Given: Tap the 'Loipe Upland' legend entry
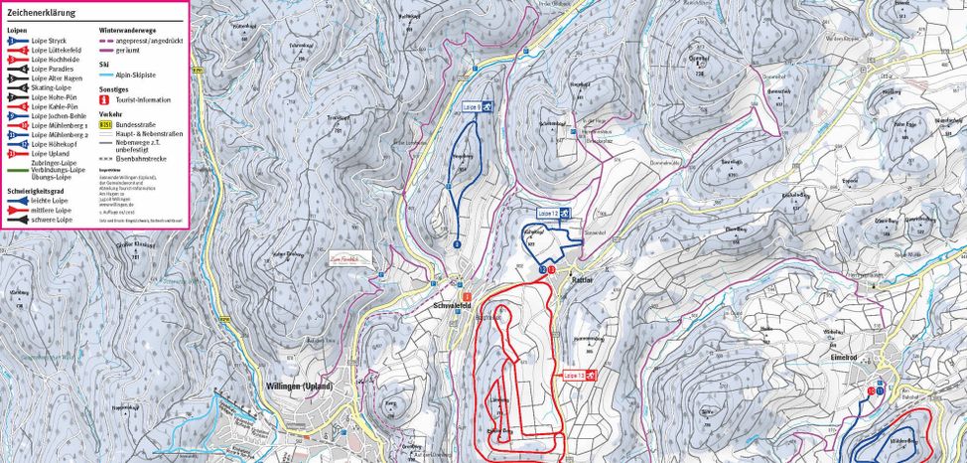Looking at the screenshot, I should pyautogui.click(x=49, y=154).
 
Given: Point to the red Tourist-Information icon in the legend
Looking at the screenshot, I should pyautogui.click(x=104, y=99).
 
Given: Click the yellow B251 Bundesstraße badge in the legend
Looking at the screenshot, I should pyautogui.click(x=104, y=125).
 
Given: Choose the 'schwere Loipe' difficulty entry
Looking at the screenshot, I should pyautogui.click(x=51, y=220).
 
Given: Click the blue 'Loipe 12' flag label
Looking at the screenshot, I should pyautogui.click(x=553, y=213).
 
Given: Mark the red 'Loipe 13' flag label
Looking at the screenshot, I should pyautogui.click(x=578, y=376).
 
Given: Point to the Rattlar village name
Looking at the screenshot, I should pyautogui.click(x=583, y=279).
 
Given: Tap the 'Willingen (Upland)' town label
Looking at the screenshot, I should pyautogui.click(x=299, y=386).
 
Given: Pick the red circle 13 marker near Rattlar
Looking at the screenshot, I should pyautogui.click(x=551, y=269).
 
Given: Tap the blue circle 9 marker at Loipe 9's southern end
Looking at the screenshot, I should pyautogui.click(x=458, y=243).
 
